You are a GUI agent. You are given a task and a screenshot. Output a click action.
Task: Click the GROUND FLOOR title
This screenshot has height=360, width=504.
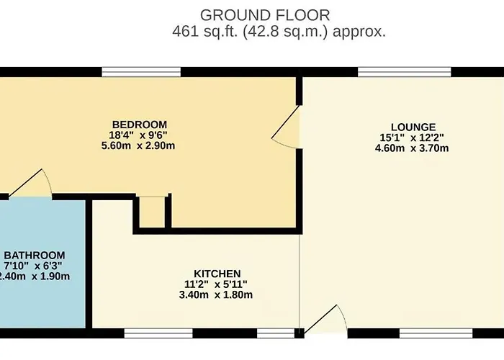(x=265, y=15)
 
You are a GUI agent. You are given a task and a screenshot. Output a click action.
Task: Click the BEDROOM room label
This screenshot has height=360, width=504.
(x=140, y=125)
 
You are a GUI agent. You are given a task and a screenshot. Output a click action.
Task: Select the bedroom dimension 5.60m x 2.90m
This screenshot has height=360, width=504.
(x=138, y=145)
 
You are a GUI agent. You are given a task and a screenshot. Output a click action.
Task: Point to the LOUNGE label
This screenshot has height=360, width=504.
(x=413, y=127)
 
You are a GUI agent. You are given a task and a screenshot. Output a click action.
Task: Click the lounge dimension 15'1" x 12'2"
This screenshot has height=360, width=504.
(x=412, y=138)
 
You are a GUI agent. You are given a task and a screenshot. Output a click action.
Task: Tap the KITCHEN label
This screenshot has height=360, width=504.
(x=217, y=274)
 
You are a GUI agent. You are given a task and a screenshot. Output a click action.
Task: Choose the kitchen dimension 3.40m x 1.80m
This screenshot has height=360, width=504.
(x=216, y=294)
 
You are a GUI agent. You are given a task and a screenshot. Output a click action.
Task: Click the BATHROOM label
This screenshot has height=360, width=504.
(x=35, y=255)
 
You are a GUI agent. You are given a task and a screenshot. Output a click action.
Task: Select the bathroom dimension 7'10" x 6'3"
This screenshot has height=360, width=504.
(x=33, y=266)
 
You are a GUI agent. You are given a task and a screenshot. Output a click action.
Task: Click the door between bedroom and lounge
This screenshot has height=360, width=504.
(x=286, y=127)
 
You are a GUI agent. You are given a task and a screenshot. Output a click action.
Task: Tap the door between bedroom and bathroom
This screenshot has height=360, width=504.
(x=30, y=183)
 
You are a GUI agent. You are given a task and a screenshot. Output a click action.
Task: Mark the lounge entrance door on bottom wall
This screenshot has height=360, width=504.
(x=325, y=320)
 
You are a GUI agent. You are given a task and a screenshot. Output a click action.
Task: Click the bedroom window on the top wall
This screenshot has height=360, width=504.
(x=141, y=72)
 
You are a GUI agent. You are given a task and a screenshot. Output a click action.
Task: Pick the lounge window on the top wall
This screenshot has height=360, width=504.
(x=405, y=72)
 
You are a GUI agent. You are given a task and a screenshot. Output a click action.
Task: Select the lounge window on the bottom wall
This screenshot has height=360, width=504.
(x=436, y=333)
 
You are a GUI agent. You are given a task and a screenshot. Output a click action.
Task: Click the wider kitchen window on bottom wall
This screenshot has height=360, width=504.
(x=158, y=333)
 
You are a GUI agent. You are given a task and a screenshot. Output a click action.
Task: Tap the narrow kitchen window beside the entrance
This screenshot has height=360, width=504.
(x=276, y=333)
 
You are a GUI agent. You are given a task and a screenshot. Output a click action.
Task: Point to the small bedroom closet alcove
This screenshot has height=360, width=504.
(x=152, y=212)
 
